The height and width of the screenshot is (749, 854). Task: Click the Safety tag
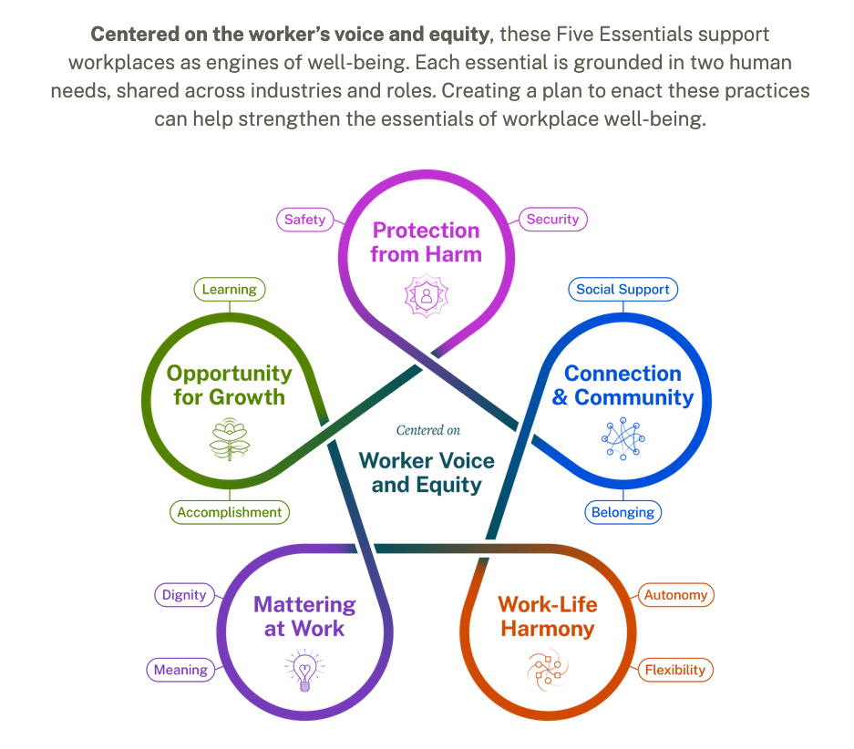point(304,220)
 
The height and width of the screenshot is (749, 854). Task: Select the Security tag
point(552,219)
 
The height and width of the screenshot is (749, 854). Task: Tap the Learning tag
point(230,290)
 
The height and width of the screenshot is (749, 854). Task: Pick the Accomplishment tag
point(230,512)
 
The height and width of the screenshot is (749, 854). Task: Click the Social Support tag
point(622,290)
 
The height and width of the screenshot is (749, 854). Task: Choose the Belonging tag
point(622,512)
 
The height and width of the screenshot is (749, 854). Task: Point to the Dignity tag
point(183,595)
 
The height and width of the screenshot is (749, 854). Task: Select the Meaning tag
point(180,670)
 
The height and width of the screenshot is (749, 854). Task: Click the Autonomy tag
point(675,595)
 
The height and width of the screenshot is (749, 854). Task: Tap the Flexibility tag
point(675,670)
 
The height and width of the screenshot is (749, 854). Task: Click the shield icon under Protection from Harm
point(426,297)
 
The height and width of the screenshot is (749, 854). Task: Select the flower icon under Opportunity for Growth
point(229,439)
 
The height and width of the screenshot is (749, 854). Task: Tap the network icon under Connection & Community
point(623,438)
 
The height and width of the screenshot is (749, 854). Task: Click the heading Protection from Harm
point(426,242)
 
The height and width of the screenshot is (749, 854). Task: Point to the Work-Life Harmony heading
point(548,616)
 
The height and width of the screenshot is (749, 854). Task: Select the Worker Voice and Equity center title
point(427,472)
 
